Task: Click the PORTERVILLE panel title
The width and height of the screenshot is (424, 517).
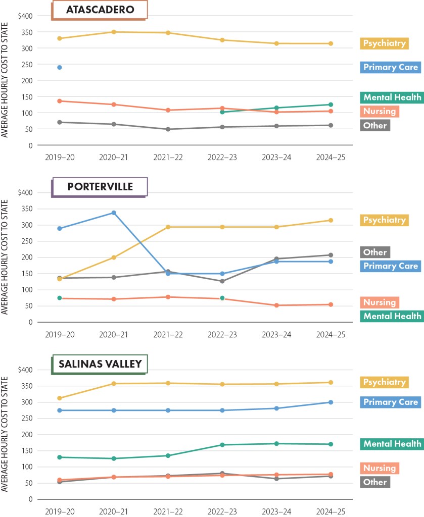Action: [100, 186]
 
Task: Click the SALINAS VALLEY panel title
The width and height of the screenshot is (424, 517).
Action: [100, 364]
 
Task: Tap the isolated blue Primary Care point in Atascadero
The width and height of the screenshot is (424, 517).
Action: [60, 67]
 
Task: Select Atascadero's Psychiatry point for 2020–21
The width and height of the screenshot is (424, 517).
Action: [114, 32]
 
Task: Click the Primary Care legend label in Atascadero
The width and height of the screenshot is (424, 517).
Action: [391, 67]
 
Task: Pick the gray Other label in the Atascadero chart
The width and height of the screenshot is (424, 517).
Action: [374, 125]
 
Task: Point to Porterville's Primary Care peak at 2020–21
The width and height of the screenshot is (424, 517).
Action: [114, 213]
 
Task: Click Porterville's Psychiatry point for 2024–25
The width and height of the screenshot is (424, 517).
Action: [331, 220]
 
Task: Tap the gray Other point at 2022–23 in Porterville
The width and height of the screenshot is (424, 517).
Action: [222, 281]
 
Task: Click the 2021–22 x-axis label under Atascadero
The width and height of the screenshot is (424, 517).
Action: [168, 158]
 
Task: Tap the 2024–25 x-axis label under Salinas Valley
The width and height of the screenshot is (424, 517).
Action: [331, 511]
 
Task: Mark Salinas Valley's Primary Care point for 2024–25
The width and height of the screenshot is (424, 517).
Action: [331, 402]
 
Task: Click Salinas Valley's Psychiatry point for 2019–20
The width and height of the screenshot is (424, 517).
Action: [60, 398]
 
